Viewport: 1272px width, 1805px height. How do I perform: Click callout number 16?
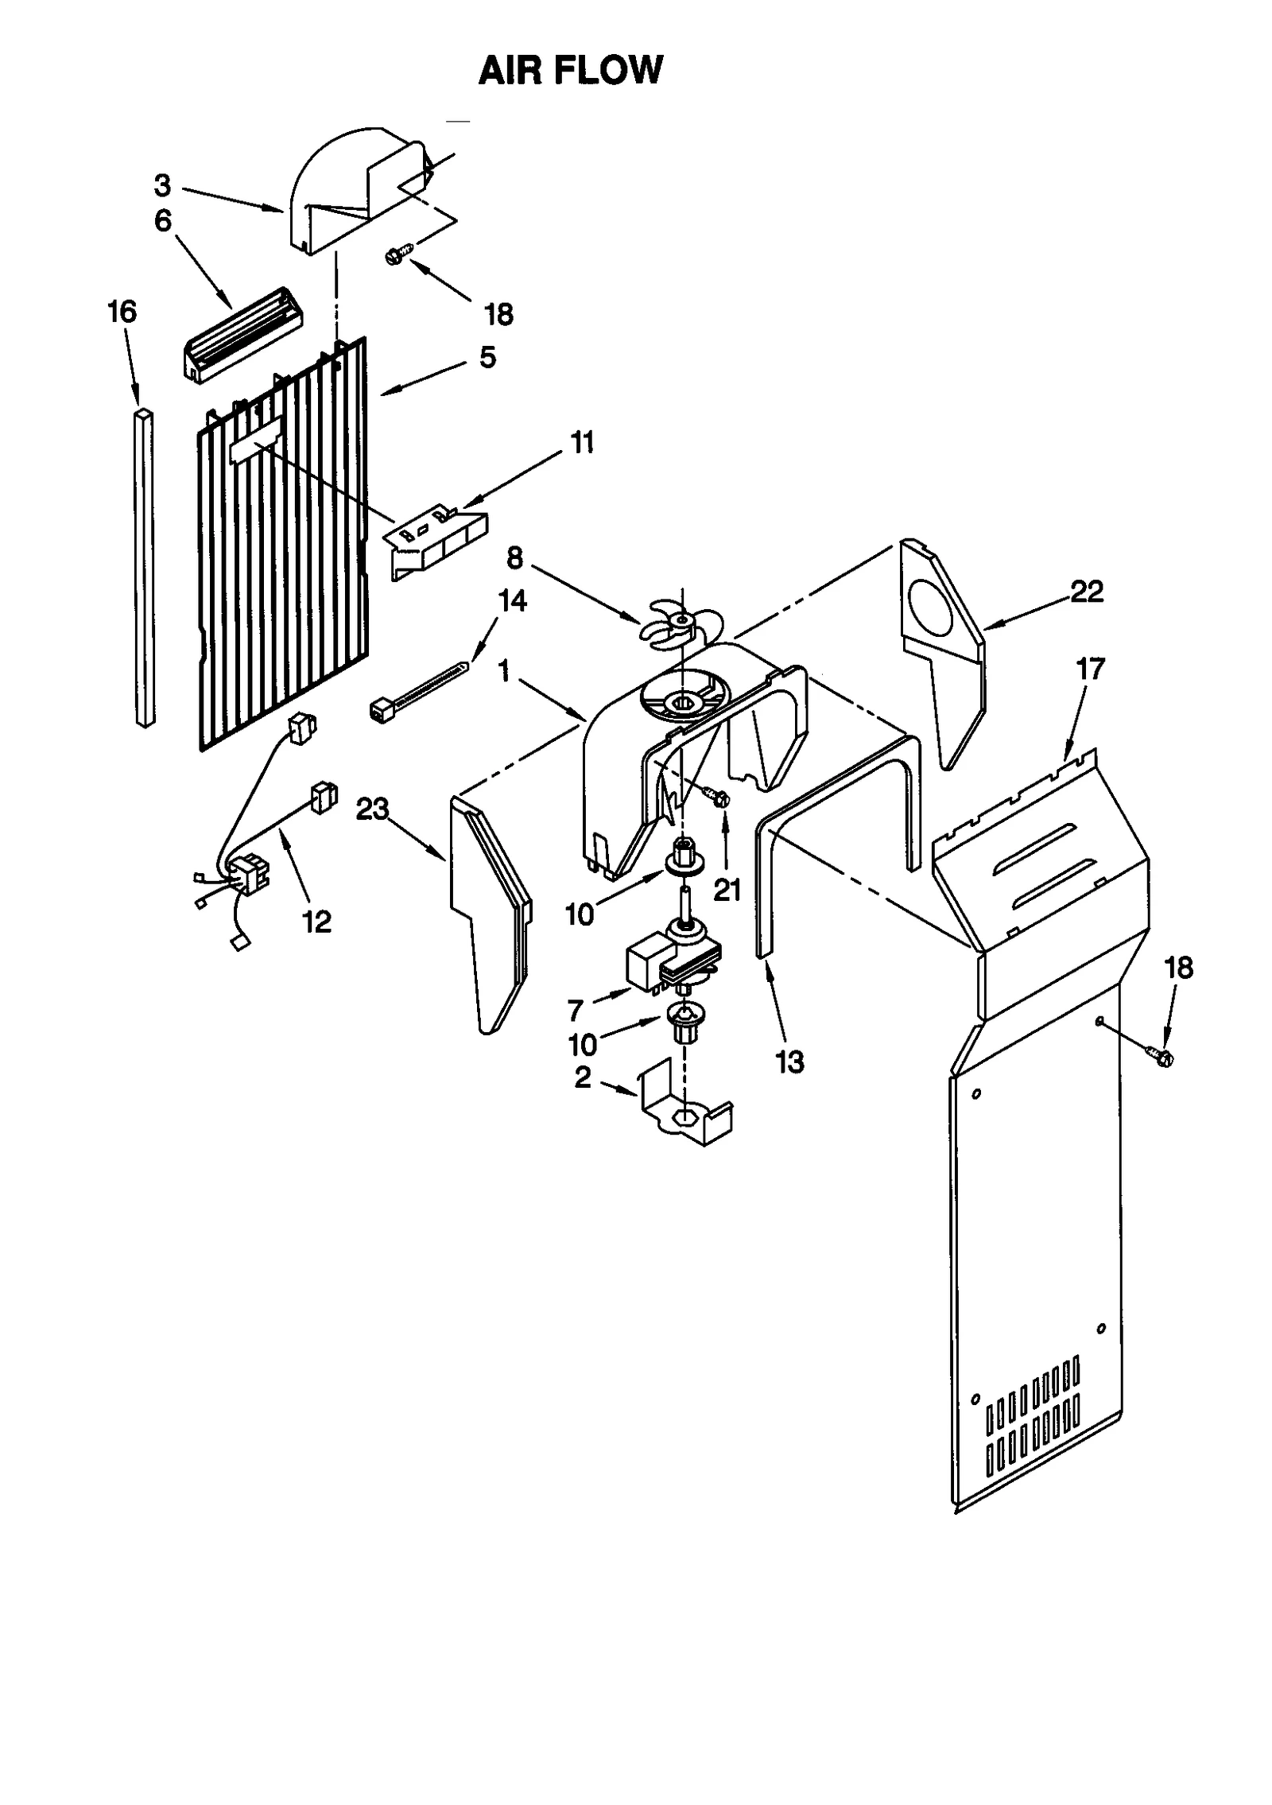[122, 312]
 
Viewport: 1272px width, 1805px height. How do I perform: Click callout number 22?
[1087, 592]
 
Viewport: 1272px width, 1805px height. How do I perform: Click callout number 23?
[372, 809]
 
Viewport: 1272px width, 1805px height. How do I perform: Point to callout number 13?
[789, 1061]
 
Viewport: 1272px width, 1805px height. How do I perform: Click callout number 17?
[1091, 670]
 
